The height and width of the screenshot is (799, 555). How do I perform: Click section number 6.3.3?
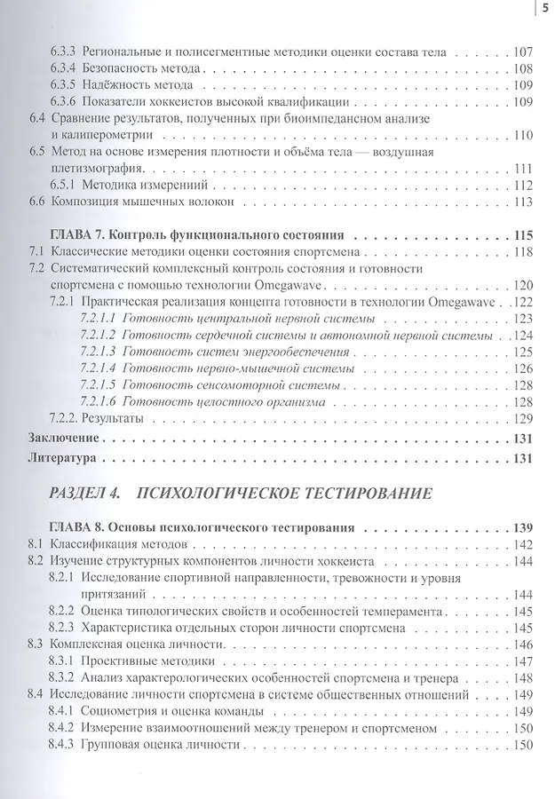(63, 51)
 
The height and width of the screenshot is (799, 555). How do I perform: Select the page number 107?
(522, 51)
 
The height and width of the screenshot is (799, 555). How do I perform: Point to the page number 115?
(522, 236)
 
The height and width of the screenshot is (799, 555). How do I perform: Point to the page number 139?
(522, 526)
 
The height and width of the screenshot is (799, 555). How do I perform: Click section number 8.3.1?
(63, 661)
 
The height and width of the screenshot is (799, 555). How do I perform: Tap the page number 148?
(522, 678)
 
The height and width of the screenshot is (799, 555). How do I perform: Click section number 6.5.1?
(63, 186)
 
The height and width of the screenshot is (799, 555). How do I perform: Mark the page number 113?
(522, 202)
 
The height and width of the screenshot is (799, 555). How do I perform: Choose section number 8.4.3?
(63, 745)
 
